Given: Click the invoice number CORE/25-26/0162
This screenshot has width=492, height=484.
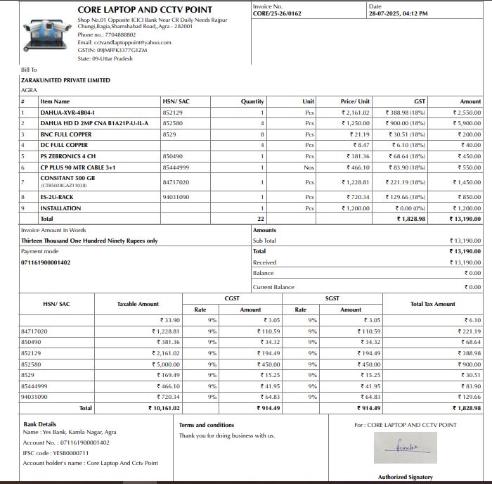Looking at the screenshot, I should [x=277, y=13].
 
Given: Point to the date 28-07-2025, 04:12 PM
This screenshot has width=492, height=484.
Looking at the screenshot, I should [x=398, y=13].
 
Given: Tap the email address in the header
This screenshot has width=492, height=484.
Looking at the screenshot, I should [x=124, y=42].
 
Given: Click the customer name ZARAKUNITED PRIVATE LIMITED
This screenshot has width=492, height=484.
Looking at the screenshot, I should [x=65, y=80].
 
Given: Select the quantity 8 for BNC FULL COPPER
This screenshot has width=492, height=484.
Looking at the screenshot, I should [x=262, y=134].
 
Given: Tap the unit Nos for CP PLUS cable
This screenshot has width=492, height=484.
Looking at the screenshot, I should [x=309, y=167].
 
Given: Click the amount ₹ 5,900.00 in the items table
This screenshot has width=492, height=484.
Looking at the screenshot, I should [x=467, y=123].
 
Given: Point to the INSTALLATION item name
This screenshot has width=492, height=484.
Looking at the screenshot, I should [x=60, y=208].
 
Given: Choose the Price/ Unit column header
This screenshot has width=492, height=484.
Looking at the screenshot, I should [x=355, y=101].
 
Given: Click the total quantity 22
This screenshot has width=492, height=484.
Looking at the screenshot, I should [x=261, y=219].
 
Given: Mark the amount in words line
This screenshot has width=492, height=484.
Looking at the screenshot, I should [x=89, y=241].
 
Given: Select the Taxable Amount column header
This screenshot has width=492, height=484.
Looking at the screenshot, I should [x=138, y=304].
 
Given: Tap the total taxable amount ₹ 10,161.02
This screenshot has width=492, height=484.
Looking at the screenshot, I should [x=164, y=407].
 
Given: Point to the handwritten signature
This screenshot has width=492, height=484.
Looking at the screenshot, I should [x=406, y=446].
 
